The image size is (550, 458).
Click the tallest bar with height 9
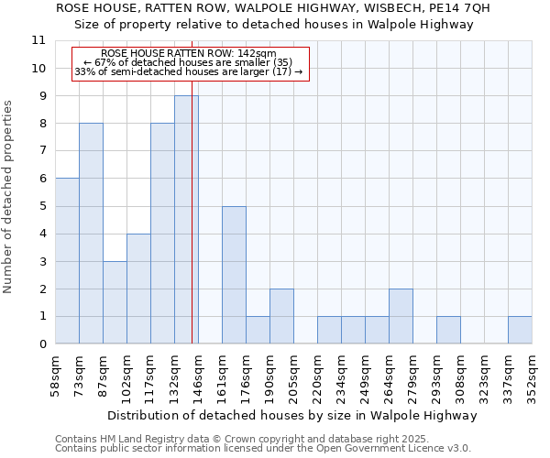185,220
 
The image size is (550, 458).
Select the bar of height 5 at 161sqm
234,275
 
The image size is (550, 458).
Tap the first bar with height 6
67,261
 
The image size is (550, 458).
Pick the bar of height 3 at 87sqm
115,302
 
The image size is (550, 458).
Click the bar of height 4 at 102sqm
138,289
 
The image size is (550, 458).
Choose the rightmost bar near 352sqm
520,330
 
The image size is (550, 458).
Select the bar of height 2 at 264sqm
401,316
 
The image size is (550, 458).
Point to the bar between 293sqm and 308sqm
448,330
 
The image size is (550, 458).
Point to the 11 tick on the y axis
38,40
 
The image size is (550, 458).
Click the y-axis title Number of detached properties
9,197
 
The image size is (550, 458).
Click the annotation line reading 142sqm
189,54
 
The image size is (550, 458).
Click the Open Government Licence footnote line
263,449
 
